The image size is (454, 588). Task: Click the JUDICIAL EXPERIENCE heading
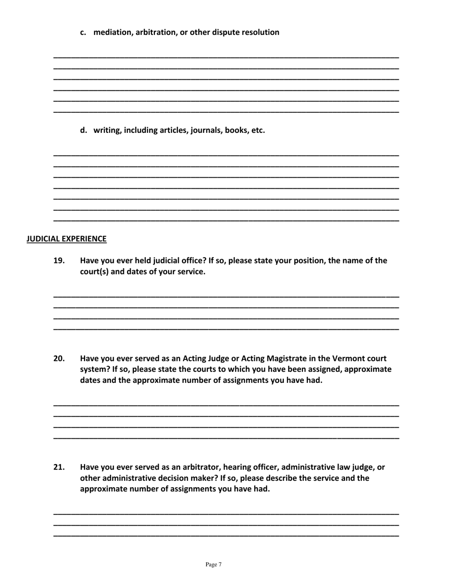click(x=66, y=239)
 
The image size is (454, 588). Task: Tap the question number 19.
click(x=59, y=261)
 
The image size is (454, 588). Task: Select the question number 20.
click(x=59, y=359)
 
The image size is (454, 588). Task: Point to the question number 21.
click(x=59, y=467)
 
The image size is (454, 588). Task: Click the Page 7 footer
click(x=214, y=565)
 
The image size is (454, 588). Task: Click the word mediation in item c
click(x=113, y=33)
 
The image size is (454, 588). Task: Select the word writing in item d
click(x=108, y=130)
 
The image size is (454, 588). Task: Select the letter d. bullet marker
click(x=84, y=130)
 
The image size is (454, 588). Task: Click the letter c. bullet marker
click(x=84, y=33)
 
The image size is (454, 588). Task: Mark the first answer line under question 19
click(x=226, y=297)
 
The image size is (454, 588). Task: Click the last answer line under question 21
click(x=226, y=535)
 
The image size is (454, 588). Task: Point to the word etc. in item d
click(x=257, y=130)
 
